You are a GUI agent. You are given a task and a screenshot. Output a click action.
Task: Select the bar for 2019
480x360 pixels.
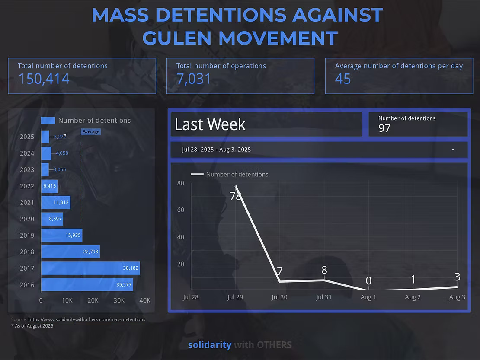pyautogui.click(x=61, y=236)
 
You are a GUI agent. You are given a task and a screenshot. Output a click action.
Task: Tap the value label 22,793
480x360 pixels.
pyautogui.click(x=90, y=252)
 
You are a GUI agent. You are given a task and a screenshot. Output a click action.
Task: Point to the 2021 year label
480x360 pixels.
pyautogui.click(x=27, y=203)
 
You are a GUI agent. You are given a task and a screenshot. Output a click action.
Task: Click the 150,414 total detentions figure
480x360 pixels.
pyautogui.click(x=44, y=79)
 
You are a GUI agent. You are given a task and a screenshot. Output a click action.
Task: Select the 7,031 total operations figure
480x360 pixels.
pyautogui.click(x=194, y=79)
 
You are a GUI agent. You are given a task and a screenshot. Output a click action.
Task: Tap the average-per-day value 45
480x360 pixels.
pyautogui.click(x=343, y=79)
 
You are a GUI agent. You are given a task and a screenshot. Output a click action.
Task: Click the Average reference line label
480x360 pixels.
pyautogui.click(x=91, y=131)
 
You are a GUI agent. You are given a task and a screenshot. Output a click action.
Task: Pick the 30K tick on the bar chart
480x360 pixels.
pyautogui.click(x=119, y=301)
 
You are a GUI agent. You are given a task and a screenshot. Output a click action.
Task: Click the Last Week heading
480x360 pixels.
pyautogui.click(x=210, y=124)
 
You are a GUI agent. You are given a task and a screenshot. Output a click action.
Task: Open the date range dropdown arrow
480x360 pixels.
pyautogui.click(x=453, y=150)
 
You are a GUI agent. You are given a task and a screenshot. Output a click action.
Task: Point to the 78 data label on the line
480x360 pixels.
pyautogui.click(x=235, y=196)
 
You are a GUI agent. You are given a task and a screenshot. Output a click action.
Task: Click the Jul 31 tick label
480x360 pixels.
pyautogui.click(x=323, y=297)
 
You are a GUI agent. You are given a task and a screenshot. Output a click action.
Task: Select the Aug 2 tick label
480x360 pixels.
pyautogui.click(x=413, y=297)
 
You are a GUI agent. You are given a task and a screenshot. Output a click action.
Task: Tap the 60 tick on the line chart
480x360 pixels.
pyautogui.click(x=181, y=210)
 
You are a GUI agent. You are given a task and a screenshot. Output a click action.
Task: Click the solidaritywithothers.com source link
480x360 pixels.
pyautogui.click(x=86, y=319)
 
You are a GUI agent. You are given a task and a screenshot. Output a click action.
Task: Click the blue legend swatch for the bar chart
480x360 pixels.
pyautogui.click(x=48, y=121)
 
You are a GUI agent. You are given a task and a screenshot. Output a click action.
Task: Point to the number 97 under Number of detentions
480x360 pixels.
pyautogui.click(x=384, y=128)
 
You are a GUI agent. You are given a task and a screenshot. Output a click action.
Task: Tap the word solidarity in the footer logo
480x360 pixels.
pyautogui.click(x=209, y=345)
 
